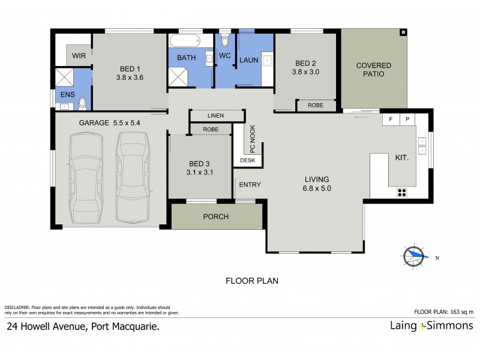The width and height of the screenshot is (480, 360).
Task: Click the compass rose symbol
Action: [415, 256]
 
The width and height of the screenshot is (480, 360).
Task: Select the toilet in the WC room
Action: [225, 40]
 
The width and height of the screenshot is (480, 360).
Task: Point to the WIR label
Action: [79, 55]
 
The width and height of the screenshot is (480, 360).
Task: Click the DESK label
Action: [247, 160]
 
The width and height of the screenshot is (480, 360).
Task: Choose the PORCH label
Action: [216, 217]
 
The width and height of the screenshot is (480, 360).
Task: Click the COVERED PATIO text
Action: [374, 70]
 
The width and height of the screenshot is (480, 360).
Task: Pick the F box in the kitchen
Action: [391, 119]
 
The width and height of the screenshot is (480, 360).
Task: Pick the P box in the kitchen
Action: [407, 119]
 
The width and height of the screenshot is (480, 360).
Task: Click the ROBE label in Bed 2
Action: [316, 105]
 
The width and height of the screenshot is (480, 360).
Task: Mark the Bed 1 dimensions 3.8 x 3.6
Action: [130, 77]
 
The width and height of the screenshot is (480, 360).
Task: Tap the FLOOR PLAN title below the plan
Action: [251, 280]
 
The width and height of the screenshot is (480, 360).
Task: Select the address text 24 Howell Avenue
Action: [83, 327]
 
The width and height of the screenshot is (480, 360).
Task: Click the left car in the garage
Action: [86, 178]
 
